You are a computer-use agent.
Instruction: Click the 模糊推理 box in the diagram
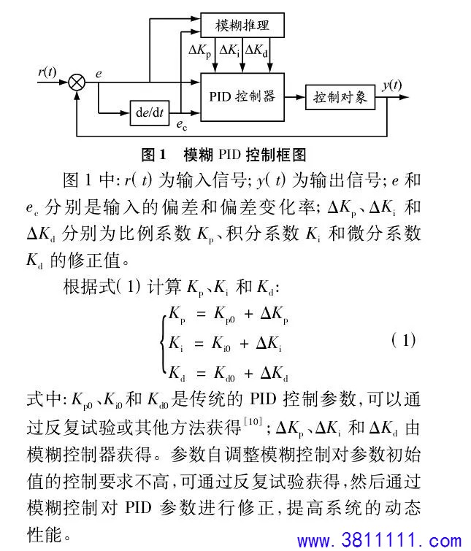[242, 25]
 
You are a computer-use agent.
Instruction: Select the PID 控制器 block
[242, 97]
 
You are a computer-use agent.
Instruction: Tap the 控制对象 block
[340, 97]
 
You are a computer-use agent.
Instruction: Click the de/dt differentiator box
[150, 113]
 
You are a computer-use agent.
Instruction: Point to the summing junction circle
[77, 83]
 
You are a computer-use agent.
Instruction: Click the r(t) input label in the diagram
[47, 72]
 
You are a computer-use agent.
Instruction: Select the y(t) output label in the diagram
[392, 85]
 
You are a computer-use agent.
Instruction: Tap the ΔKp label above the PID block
[199, 50]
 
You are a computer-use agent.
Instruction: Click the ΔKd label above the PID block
[256, 50]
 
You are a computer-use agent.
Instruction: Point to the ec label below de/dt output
[182, 125]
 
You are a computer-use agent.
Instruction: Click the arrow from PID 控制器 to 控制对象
[294, 97]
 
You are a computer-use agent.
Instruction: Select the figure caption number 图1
[153, 155]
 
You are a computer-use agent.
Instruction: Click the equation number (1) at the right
[404, 340]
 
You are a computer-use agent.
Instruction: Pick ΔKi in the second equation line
[269, 343]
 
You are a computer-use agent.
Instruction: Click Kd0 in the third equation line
[224, 374]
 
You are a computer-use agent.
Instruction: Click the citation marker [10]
[253, 421]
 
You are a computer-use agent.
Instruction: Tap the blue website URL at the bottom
[379, 541]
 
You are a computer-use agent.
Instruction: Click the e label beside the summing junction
[99, 74]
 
